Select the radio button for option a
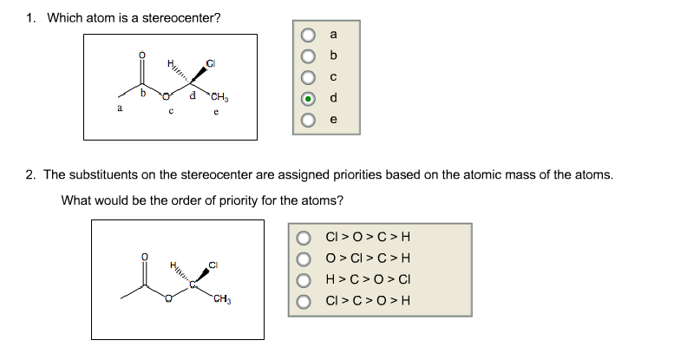coord(308,35)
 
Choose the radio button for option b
coord(308,56)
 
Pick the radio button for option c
coord(308,77)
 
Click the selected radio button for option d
coord(308,99)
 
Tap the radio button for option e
coord(308,120)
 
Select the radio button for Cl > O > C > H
coord(304,238)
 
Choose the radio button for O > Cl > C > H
coord(304,259)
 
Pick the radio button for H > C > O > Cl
coord(304,280)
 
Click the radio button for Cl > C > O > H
coord(304,302)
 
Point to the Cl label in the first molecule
coord(211,64)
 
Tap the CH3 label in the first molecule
coord(219,98)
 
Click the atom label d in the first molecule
coord(193,95)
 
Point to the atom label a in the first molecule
coord(120,108)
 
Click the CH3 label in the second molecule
coord(222,299)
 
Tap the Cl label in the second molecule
coord(213,265)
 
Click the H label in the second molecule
coord(173,264)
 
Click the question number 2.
coord(30,175)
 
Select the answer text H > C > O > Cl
coord(368,279)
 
